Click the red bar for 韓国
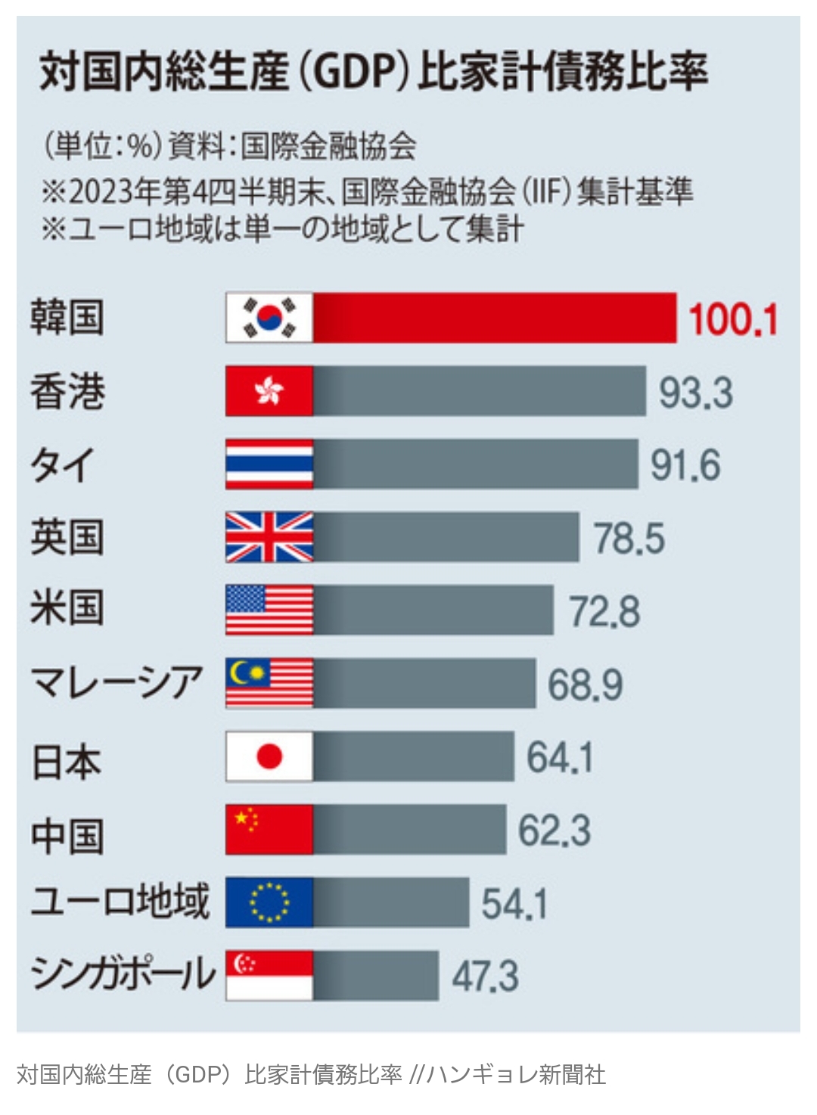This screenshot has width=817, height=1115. tap(495, 318)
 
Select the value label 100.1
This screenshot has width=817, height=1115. tap(732, 319)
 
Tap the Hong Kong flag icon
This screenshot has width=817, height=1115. tap(269, 391)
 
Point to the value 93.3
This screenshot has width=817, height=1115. tap(695, 393)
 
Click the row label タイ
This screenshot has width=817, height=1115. tap(63, 464)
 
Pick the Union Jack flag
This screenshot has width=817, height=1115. tap(269, 537)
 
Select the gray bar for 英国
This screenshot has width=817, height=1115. tap(446, 537)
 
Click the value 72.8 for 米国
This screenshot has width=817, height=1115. tap(604, 612)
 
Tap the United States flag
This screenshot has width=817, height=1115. tap(269, 610)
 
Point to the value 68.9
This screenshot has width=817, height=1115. tap(585, 685)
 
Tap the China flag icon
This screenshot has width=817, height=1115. tap(269, 829)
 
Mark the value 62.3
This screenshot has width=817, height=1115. tap(554, 831)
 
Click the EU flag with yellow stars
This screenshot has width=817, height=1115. tap(269, 902)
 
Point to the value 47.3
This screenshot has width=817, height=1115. tap(485, 977)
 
